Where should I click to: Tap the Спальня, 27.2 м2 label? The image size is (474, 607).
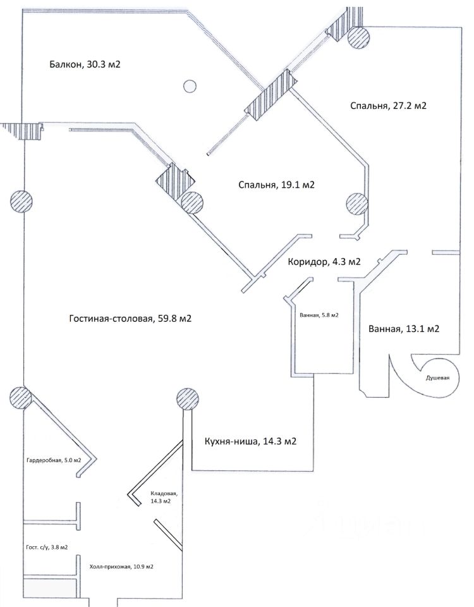[x=388, y=106]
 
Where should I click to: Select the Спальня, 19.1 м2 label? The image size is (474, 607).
[x=277, y=185]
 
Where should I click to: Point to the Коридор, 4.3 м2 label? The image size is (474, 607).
[x=324, y=262]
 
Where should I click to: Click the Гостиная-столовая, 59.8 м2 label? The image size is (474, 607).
[x=130, y=319]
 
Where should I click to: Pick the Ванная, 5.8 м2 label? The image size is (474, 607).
[x=315, y=315]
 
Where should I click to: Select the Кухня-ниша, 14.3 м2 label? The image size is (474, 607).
[x=250, y=441]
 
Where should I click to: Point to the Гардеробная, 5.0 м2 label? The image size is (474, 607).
[x=54, y=460]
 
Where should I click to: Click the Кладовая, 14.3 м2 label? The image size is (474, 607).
[x=164, y=496]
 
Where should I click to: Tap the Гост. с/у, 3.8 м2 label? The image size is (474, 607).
[x=43, y=548]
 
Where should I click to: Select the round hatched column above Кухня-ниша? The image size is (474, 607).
[x=187, y=400]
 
